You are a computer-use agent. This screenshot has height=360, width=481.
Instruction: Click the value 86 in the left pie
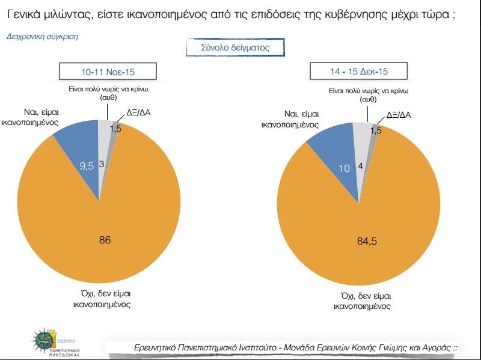point(105,240)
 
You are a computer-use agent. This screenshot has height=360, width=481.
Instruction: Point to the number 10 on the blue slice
point(343,169)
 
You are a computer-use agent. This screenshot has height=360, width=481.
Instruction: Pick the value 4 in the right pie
point(361,165)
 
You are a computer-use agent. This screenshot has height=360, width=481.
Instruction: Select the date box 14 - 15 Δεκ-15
point(358,72)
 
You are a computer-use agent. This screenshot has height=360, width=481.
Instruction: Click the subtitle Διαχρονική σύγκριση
point(42,37)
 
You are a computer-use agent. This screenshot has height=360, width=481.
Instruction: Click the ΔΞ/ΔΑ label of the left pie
point(139,112)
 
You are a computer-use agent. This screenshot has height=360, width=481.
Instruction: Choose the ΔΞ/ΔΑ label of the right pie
point(398,114)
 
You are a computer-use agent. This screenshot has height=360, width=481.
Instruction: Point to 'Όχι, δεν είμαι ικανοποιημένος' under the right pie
point(362,302)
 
